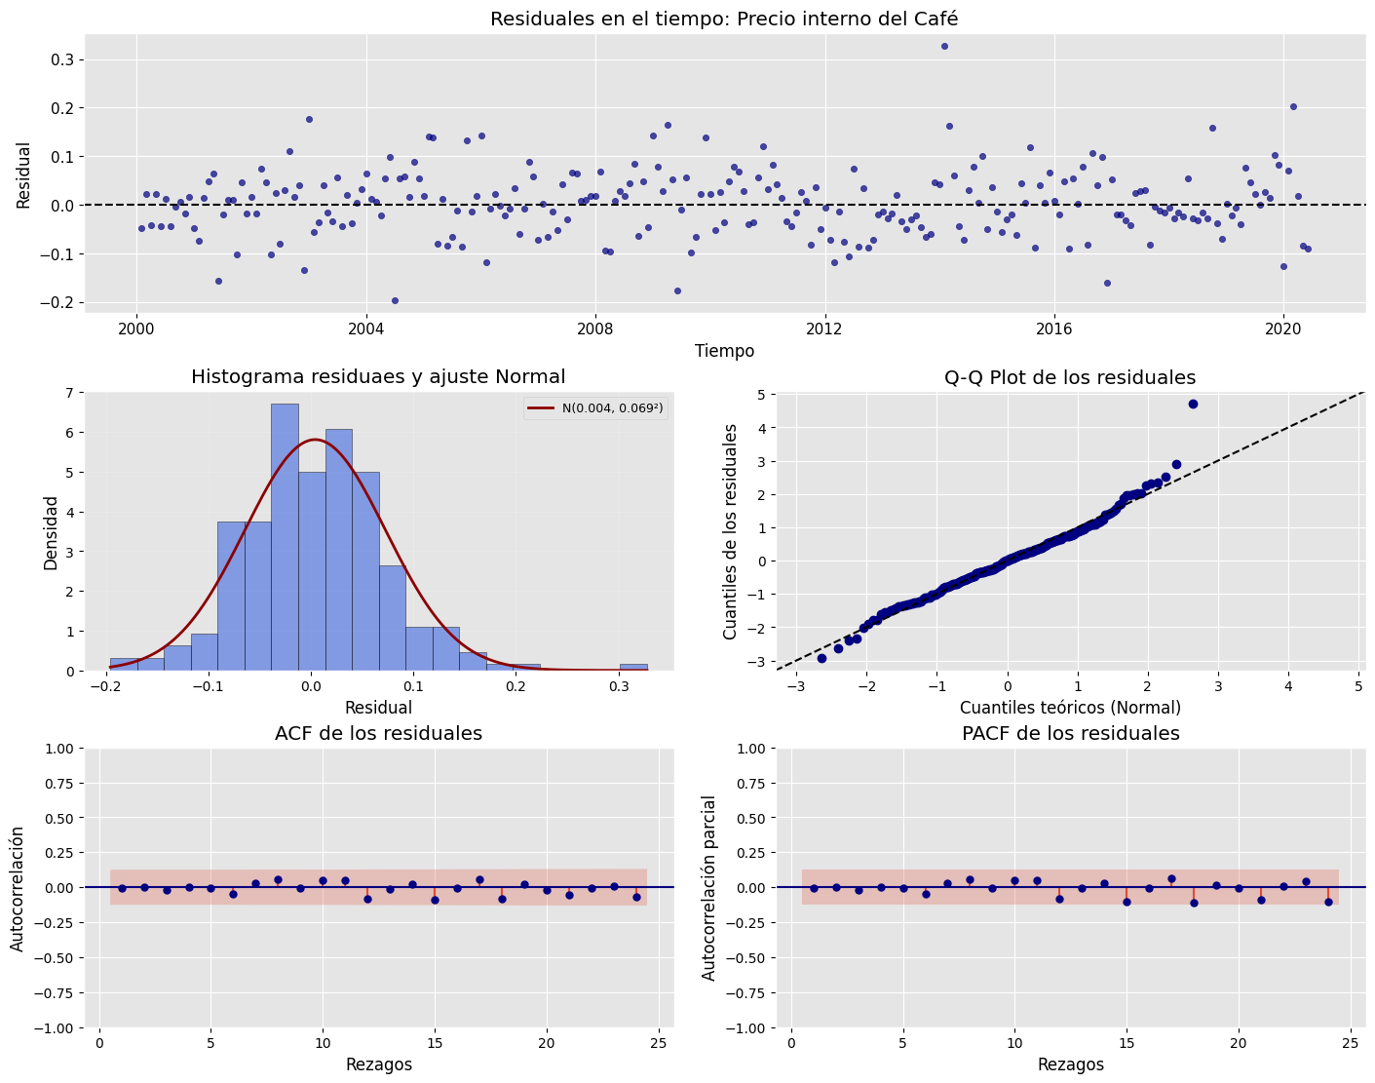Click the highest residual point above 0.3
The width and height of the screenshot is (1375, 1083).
pyautogui.click(x=944, y=46)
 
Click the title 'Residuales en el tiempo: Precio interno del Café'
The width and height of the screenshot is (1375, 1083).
pyautogui.click(x=725, y=19)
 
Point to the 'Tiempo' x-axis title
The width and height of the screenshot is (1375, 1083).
pyautogui.click(x=724, y=351)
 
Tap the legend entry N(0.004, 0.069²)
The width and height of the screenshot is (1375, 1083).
pyautogui.click(x=594, y=408)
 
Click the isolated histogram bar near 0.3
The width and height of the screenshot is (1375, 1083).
pyautogui.click(x=633, y=668)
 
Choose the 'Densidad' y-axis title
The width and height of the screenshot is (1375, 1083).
pyautogui.click(x=52, y=532)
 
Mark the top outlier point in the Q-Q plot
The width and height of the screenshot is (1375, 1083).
pyautogui.click(x=1193, y=404)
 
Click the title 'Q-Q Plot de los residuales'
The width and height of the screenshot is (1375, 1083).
pyautogui.click(x=1070, y=377)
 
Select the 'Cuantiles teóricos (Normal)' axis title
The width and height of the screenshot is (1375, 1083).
pyautogui.click(x=1070, y=708)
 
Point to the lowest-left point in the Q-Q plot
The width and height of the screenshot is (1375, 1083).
pyautogui.click(x=821, y=658)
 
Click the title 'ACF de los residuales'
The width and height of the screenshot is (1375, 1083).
pyautogui.click(x=378, y=733)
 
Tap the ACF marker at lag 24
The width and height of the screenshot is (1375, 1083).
pyautogui.click(x=636, y=897)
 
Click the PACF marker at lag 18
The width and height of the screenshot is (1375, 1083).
pyautogui.click(x=1194, y=903)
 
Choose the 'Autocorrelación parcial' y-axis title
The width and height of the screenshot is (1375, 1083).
pyautogui.click(x=709, y=888)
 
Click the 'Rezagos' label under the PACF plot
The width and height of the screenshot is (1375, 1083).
pyautogui.click(x=1070, y=1064)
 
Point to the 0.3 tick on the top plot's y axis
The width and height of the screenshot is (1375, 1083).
pyautogui.click(x=61, y=59)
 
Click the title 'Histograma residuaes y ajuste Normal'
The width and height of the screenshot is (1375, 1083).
pyautogui.click(x=378, y=377)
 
